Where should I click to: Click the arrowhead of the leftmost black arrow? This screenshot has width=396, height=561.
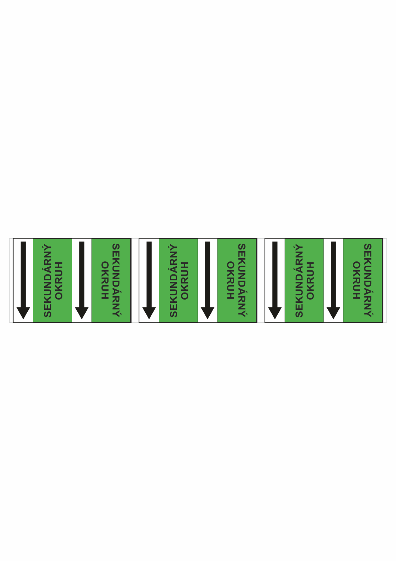(23, 313)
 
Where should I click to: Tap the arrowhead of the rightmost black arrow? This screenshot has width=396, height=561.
(333, 313)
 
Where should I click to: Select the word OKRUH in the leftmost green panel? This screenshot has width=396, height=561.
(59, 281)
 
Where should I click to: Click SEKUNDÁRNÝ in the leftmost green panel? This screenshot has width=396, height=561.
(48, 281)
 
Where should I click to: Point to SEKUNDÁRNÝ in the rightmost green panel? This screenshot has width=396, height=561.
(368, 280)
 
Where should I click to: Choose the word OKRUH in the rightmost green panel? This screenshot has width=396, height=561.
(357, 280)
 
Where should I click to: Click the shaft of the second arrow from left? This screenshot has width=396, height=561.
(82, 274)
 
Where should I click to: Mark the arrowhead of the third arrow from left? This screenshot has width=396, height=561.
(149, 313)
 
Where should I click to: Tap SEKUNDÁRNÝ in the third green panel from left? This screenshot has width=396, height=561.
(174, 281)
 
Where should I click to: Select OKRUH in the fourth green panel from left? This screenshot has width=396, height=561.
(231, 280)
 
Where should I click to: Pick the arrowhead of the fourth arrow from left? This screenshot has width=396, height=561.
(207, 313)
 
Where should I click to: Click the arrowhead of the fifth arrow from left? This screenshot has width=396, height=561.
(275, 313)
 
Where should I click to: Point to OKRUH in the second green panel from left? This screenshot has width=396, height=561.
(105, 280)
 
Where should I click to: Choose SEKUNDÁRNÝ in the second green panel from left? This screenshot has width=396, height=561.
(116, 280)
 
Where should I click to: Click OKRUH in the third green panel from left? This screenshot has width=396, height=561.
(185, 281)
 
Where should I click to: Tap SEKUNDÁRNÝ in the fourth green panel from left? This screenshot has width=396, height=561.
(242, 280)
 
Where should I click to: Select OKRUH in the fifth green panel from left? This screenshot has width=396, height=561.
(310, 281)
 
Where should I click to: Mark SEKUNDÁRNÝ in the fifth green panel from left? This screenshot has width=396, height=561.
(299, 281)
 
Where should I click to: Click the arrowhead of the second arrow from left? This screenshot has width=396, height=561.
(82, 313)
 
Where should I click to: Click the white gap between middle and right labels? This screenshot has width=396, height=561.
(261, 280)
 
